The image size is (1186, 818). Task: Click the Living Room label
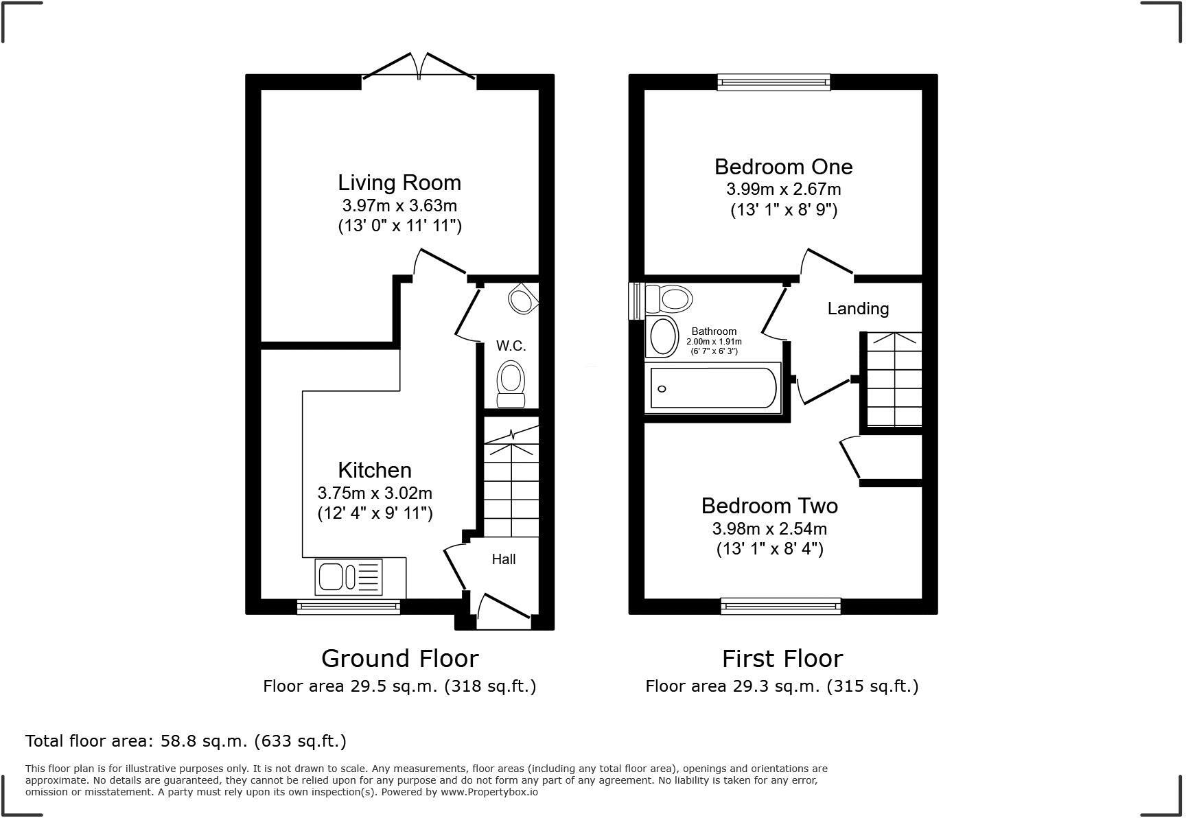tap(399, 183)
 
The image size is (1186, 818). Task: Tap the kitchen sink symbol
tap(349, 576)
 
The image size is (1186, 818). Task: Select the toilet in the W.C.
tap(510, 384)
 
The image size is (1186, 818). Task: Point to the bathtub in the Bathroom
tap(713, 388)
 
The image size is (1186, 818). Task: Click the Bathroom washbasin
tap(663, 336)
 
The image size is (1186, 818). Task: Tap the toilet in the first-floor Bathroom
tap(668, 299)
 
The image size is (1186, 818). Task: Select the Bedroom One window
tap(774, 82)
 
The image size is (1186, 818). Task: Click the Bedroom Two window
tap(780, 606)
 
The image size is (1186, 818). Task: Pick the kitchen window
tap(348, 606)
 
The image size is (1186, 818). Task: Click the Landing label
tap(858, 309)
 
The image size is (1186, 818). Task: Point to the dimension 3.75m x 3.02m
tap(375, 493)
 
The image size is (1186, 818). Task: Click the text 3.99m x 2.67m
tap(783, 189)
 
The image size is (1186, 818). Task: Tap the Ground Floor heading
tap(399, 658)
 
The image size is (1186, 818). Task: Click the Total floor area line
tap(185, 741)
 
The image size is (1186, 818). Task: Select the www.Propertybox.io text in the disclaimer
tap(489, 792)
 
